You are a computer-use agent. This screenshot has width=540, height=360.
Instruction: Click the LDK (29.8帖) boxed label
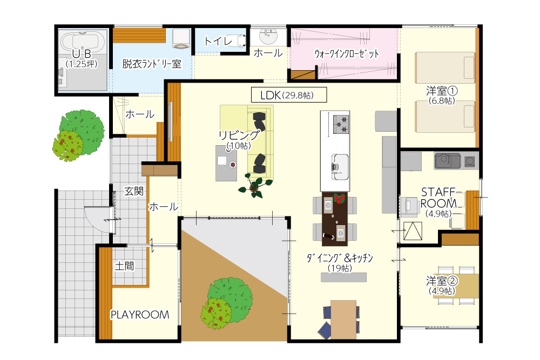tap(288, 95)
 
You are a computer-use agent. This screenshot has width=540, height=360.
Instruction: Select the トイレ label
tap(218, 42)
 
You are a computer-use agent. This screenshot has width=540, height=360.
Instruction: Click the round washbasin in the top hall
tap(268, 36)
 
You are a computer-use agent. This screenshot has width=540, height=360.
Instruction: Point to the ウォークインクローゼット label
tap(346, 53)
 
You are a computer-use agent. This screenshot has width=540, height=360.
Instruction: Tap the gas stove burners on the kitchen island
tap(341, 124)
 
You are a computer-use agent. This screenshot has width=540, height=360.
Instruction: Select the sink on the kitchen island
tap(340, 167)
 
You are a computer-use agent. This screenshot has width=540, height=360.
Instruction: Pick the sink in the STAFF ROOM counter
tap(447, 161)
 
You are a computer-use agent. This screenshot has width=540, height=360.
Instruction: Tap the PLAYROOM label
tap(140, 315)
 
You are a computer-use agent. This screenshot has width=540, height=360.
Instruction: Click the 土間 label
tap(124, 266)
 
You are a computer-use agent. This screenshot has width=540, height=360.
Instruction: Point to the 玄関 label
tap(133, 191)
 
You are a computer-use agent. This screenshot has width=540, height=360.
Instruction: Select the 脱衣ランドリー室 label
tap(152, 64)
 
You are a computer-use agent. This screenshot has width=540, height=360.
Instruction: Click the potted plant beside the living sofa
tap(255, 186)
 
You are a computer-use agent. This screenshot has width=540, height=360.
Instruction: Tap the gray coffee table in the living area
tap(226, 163)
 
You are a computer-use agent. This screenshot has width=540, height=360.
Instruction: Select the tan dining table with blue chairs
tap(343, 319)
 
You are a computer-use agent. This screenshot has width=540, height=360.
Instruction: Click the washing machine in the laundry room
tap(181, 38)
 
